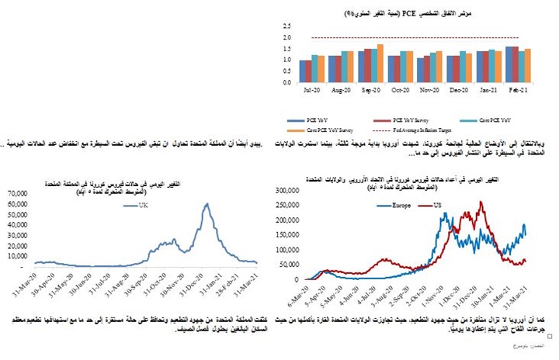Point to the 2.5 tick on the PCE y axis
287,26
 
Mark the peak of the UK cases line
207,204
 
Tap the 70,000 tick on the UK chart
18,193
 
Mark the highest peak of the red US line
482,202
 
